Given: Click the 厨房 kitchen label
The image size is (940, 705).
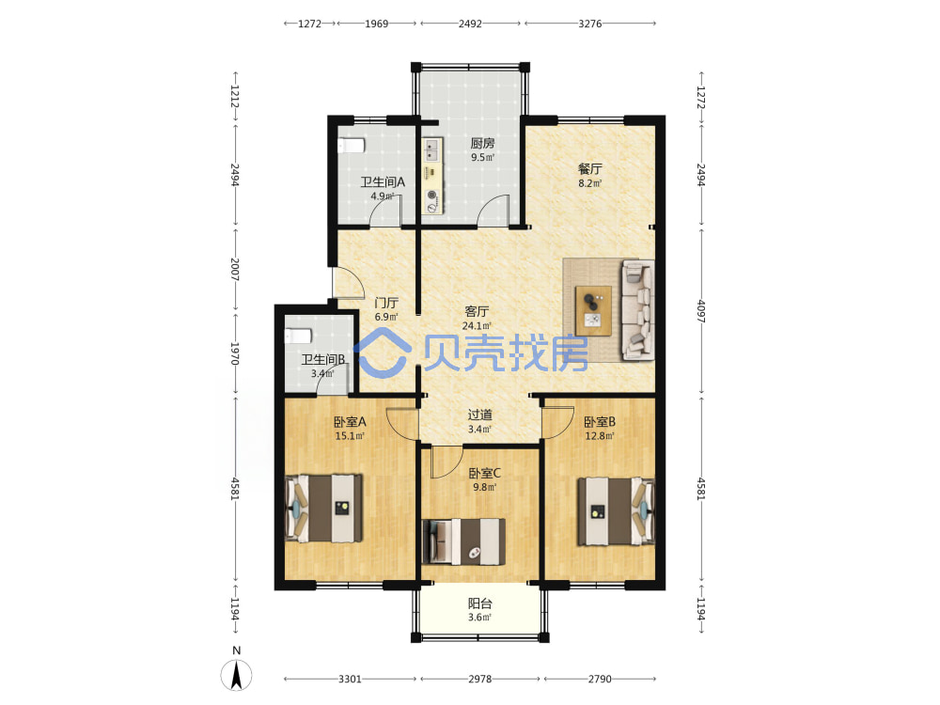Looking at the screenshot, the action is pos(482,143).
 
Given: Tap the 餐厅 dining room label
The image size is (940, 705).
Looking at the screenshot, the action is pos(590,169).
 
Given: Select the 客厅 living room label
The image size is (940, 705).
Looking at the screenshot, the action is pos(477,312).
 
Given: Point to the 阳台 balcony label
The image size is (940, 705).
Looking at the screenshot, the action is pos(479,603).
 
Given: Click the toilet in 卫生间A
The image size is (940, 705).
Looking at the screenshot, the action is pos(351,146).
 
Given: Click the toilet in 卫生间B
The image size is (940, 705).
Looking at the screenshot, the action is pos(297,336).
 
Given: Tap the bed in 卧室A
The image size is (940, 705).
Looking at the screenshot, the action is pos(323,509).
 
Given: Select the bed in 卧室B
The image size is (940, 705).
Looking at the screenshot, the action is pos(616,511).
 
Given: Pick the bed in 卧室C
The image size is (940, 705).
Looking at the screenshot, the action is pos(463,541).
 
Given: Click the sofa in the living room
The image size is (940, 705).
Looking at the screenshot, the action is pos(638,310).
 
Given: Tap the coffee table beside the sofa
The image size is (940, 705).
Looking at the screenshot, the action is pos(593,310).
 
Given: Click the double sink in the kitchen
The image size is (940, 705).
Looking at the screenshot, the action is pos(431,149).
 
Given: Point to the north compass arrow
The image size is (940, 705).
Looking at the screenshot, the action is pos(237,675).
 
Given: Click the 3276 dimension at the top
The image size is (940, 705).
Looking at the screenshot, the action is pos(590,23).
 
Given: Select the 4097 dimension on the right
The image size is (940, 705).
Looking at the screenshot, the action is pos(701,311).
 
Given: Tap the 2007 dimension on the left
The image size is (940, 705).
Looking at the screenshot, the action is pos(234,270).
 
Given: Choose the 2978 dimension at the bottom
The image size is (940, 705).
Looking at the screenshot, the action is pos(479,679).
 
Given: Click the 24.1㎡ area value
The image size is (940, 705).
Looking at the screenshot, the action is pos(477,326).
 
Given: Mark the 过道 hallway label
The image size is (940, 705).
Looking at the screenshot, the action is pos(479,415).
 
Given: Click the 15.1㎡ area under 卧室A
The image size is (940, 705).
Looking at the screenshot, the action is pos(350,436).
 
